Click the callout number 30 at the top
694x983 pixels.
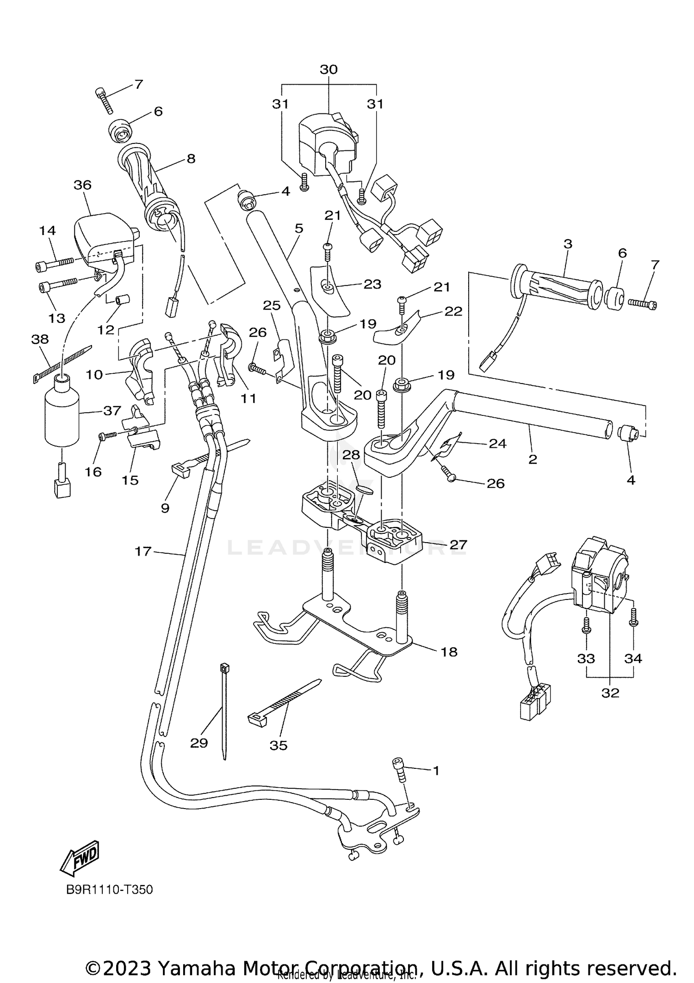328,69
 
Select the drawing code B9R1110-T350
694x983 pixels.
109,890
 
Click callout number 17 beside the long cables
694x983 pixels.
143,551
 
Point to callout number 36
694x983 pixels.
83,185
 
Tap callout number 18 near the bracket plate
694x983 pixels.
449,652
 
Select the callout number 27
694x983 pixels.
458,545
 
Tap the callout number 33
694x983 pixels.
586,658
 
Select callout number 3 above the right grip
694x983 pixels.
568,244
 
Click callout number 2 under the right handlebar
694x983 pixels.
533,459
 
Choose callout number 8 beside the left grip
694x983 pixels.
191,159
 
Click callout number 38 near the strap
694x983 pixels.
40,339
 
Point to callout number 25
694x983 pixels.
272,305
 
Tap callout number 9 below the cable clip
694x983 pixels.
165,508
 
